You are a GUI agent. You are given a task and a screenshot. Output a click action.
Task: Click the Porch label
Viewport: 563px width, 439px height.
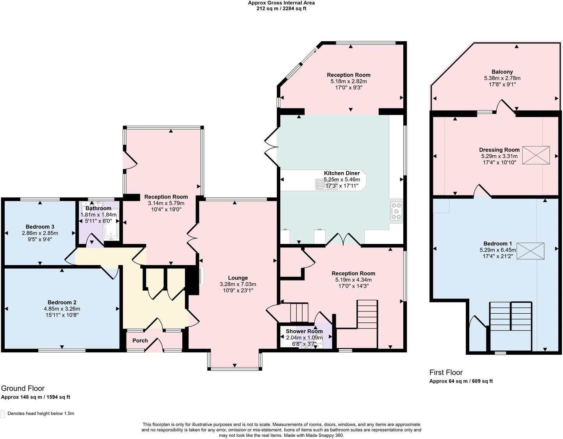pos(140,340)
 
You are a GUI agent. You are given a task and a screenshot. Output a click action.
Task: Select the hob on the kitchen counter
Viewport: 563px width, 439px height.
pos(396,211)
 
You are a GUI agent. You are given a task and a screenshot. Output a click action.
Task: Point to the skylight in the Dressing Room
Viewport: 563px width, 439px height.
pos(536,155)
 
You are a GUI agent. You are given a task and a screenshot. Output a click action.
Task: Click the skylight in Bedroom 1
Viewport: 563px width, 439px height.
pos(530,251)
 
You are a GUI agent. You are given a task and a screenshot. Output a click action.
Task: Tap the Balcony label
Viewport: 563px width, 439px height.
pos(502,72)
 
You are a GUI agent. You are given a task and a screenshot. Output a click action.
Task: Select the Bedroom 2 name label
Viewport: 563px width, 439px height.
pos(62,302)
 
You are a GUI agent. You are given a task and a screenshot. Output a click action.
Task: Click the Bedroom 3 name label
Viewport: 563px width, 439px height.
pos(40,227)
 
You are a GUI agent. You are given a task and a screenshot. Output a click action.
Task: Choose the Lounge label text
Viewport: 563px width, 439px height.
pos(238,278)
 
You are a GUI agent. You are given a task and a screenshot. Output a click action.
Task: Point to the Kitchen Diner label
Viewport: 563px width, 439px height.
pos(342,173)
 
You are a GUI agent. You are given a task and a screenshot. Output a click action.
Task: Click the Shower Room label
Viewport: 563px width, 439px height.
pos(304,331)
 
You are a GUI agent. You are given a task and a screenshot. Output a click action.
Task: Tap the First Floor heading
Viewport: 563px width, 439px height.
pos(446,372)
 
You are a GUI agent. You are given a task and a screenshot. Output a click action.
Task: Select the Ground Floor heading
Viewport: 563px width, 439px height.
pos(23,388)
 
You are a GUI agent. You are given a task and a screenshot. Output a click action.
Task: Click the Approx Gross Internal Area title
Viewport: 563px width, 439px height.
pos(281,3)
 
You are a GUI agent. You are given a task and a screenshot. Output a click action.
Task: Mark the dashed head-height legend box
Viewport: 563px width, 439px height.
pos(3,414)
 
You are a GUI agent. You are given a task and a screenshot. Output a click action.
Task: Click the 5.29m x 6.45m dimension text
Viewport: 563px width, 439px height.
pos(497,250)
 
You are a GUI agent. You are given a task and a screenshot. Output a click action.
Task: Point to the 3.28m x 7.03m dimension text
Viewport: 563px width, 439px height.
pos(238,284)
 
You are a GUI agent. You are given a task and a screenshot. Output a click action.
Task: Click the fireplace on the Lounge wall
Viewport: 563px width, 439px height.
pos(200,276)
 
